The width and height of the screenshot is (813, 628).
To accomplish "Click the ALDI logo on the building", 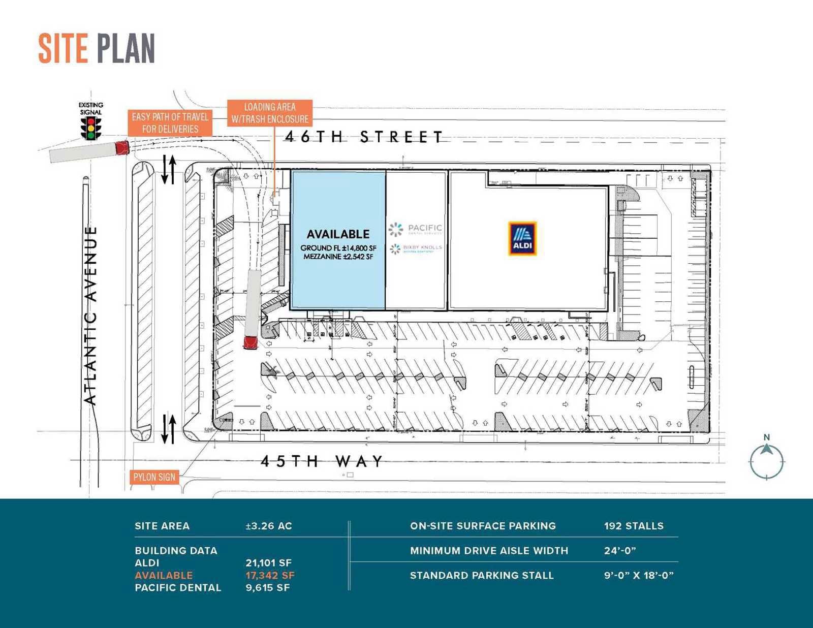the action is pyautogui.click(x=522, y=238).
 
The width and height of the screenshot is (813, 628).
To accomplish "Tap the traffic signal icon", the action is pyautogui.click(x=91, y=128).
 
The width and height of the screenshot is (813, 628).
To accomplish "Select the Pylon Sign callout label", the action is pyautogui.click(x=154, y=477).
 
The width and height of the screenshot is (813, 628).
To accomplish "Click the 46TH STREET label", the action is pyautogui.click(x=364, y=137).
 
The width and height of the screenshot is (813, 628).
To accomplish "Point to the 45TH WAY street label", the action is pyautogui.click(x=322, y=461).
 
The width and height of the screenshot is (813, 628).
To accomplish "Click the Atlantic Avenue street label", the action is pyautogui.click(x=90, y=315).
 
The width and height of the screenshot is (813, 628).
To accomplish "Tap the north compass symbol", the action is pyautogui.click(x=767, y=460).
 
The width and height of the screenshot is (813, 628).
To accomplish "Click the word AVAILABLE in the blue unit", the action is pyautogui.click(x=338, y=234).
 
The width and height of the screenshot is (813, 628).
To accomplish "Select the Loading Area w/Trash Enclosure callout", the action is pyautogui.click(x=270, y=113).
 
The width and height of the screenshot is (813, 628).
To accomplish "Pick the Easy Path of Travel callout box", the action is pyautogui.click(x=170, y=123).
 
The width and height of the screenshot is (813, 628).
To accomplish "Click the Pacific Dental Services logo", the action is pyautogui.click(x=416, y=229).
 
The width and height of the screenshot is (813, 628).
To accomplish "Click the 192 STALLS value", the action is pyautogui.click(x=634, y=526).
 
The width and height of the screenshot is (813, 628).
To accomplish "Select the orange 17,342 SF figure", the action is pyautogui.click(x=270, y=575).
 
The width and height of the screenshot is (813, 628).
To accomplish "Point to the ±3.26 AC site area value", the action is pyautogui.click(x=269, y=526).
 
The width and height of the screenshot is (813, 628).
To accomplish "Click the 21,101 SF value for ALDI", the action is pyautogui.click(x=268, y=563).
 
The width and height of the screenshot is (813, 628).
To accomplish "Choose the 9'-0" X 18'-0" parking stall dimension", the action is pyautogui.click(x=639, y=575).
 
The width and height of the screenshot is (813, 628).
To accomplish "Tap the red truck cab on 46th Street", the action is pyautogui.click(x=122, y=147).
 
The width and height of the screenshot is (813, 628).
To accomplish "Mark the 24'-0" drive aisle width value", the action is pyautogui.click(x=620, y=551).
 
